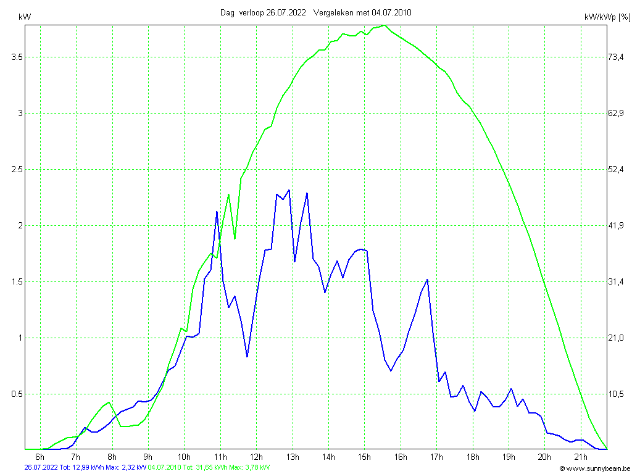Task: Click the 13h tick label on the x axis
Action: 293,457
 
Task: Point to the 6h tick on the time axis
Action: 40,457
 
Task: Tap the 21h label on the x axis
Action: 581,457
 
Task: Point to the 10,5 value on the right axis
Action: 618,394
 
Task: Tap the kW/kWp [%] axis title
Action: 607,17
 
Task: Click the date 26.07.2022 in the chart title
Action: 286,12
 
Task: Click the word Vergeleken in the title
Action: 334,12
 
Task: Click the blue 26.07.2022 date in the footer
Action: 41,468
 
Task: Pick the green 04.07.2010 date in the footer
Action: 165,468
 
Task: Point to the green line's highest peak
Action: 385,25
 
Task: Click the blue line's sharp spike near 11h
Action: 217,212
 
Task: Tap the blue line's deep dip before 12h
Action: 247,357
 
